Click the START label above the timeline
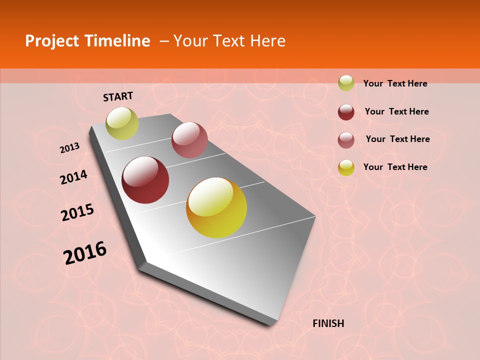[x=118, y=96]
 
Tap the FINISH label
[x=328, y=323]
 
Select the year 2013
[x=69, y=148]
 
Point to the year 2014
[x=73, y=177]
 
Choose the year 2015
[x=77, y=212]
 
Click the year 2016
[x=85, y=253]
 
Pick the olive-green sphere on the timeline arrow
[x=122, y=123]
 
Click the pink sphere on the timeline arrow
[x=189, y=139]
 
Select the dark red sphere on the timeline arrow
[x=145, y=180]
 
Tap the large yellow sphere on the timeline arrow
[x=216, y=207]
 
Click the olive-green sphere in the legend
[x=346, y=83]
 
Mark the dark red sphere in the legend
[x=346, y=112]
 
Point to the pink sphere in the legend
[x=346, y=140]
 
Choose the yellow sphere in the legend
[x=346, y=167]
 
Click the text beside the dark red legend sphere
[x=396, y=111]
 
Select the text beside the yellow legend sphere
[x=395, y=167]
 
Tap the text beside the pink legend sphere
[x=397, y=139]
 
